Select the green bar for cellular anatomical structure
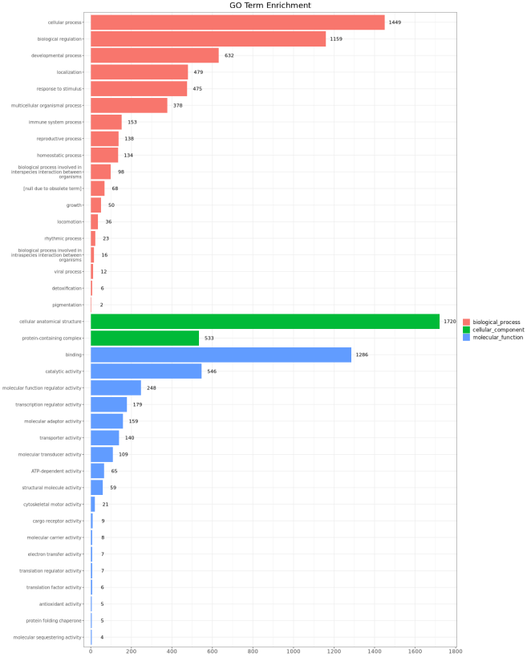[265, 322]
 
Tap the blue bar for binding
[221, 355]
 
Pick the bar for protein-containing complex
[144, 339]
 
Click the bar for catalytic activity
[146, 371]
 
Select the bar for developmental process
[155, 55]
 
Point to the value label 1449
[395, 22]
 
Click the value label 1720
[449, 322]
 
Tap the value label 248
[151, 388]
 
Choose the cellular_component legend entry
[498, 330]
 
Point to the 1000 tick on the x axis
[294, 651]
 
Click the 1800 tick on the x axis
[456, 651]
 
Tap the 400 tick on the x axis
[172, 651]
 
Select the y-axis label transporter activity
[61, 438]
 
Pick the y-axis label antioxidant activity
[60, 604]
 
